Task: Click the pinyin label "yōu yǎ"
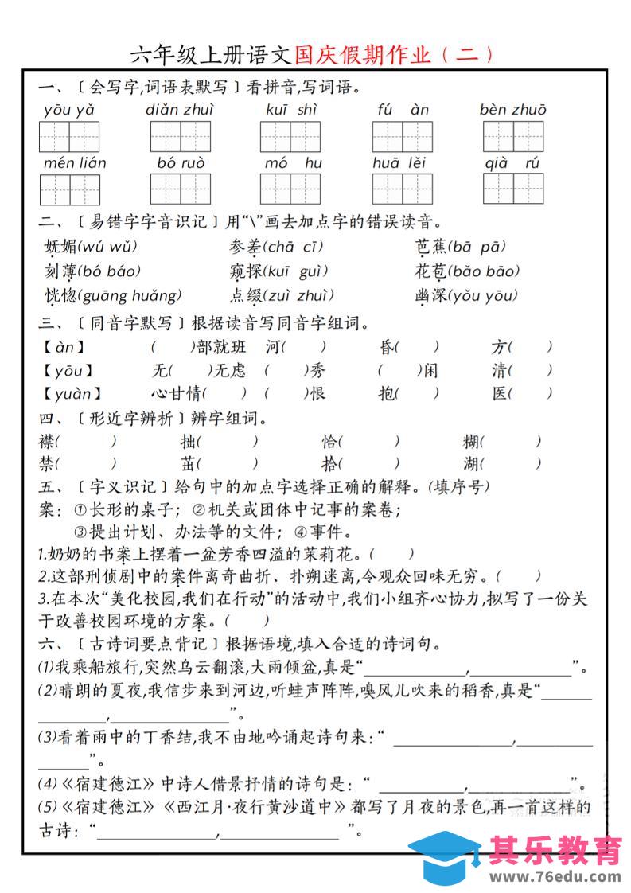click(x=69, y=110)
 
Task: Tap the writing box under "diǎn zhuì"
click(x=181, y=137)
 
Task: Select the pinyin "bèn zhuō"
click(x=512, y=110)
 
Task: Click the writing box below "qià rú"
click(x=513, y=189)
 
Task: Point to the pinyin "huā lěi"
click(x=399, y=163)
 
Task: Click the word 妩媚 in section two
click(x=60, y=246)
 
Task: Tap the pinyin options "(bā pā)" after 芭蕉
click(x=477, y=246)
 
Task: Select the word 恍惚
click(x=60, y=296)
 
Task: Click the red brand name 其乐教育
click(x=555, y=850)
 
